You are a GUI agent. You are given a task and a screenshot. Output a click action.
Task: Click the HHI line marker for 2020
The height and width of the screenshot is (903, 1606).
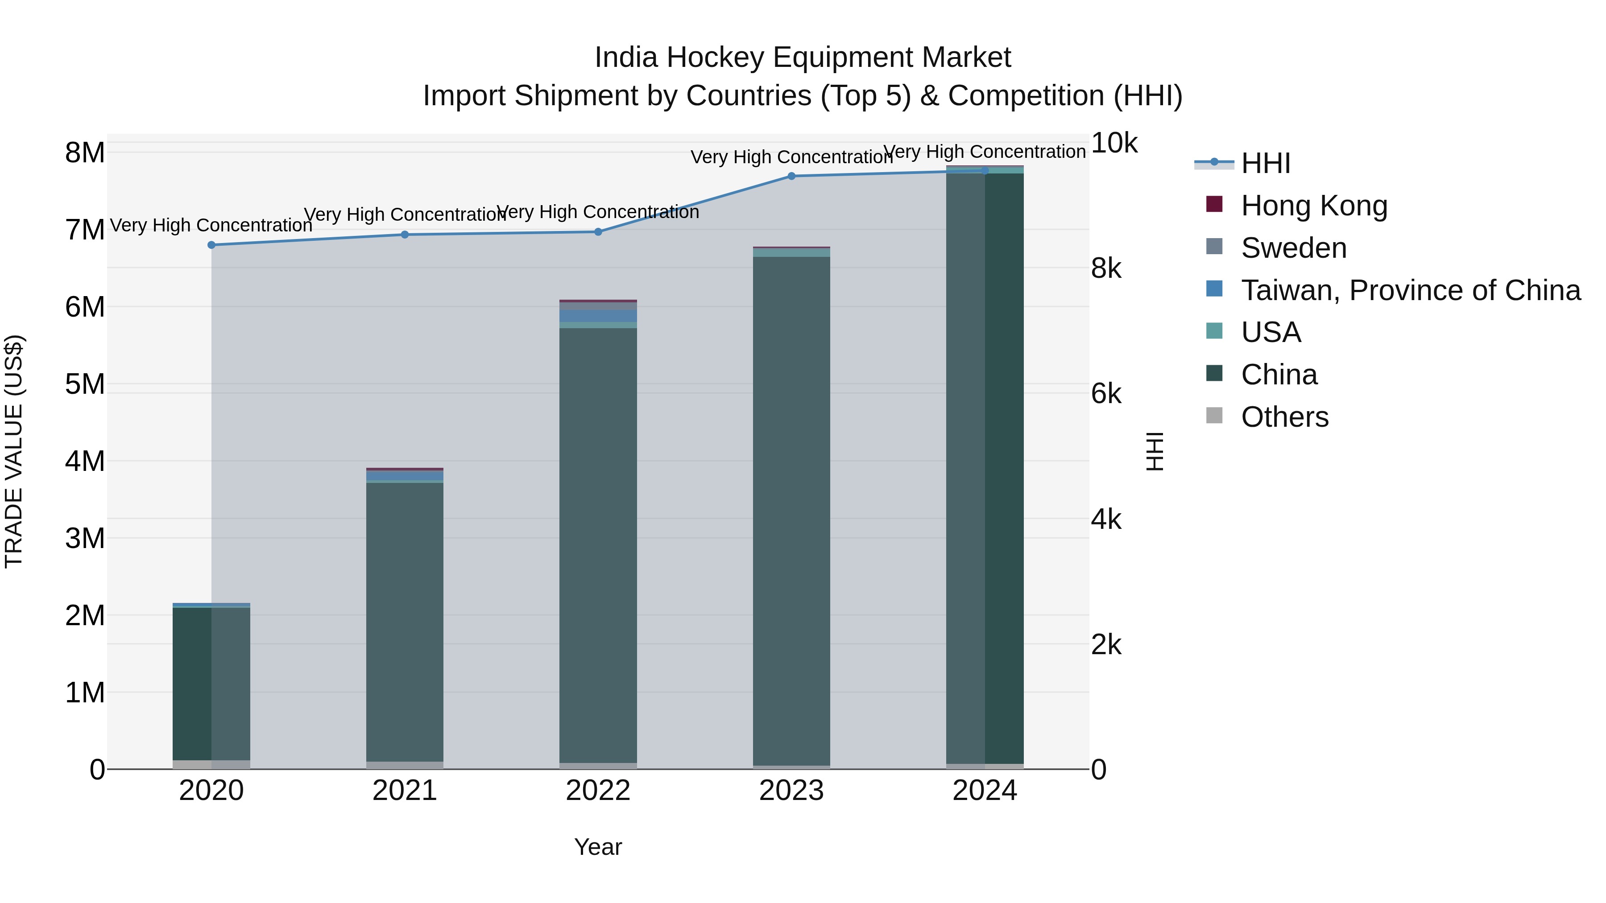211,245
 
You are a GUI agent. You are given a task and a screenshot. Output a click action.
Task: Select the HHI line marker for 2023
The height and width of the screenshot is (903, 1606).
791,176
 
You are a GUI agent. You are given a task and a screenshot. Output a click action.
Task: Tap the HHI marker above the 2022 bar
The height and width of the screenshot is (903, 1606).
598,232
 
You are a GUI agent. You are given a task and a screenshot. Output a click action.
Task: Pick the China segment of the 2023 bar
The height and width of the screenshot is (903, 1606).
791,511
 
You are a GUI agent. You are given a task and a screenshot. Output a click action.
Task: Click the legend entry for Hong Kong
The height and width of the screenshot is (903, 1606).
1314,206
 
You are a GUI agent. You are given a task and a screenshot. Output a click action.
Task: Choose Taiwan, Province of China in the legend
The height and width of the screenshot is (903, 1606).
1410,290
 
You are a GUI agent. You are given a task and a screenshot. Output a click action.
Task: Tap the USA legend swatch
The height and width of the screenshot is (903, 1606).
1214,331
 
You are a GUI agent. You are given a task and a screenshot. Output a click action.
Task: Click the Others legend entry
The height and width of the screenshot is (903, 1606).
1284,417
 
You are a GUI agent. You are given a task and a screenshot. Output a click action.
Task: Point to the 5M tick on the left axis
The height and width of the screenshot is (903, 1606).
85,384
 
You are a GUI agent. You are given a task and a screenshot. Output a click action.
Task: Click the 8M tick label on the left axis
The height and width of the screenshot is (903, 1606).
85,153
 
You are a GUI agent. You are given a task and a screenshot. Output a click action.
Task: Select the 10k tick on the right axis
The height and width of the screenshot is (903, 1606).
1113,143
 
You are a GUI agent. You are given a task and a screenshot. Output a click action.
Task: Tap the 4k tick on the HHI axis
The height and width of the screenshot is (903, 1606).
1105,520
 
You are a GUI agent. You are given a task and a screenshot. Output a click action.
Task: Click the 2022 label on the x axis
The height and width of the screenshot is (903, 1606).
598,791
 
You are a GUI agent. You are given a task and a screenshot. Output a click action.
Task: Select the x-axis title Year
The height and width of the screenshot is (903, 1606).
598,847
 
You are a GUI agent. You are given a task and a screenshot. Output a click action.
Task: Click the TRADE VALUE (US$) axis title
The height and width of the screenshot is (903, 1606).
14,451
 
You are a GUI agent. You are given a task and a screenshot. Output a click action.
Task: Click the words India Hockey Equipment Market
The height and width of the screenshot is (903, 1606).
803,58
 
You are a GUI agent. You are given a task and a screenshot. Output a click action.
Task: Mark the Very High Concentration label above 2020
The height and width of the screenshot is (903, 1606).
211,225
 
